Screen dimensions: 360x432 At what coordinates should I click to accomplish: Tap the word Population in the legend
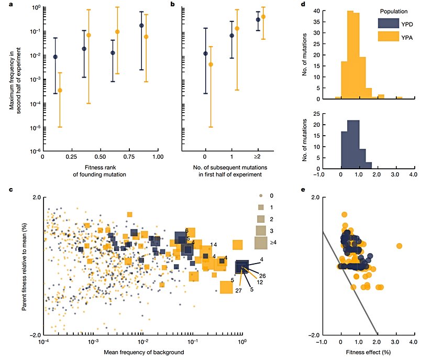click(x=394, y=10)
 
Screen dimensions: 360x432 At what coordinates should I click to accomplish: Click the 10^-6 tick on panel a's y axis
click(x=35, y=152)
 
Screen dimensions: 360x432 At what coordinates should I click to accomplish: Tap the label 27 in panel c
click(x=238, y=290)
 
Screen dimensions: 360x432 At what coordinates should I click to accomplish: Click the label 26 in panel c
click(x=262, y=276)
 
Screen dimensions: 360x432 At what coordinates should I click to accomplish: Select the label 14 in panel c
click(x=214, y=245)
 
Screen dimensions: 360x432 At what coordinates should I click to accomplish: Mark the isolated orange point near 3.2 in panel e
click(x=400, y=246)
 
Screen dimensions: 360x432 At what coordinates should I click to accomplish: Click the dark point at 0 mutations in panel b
click(x=205, y=53)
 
